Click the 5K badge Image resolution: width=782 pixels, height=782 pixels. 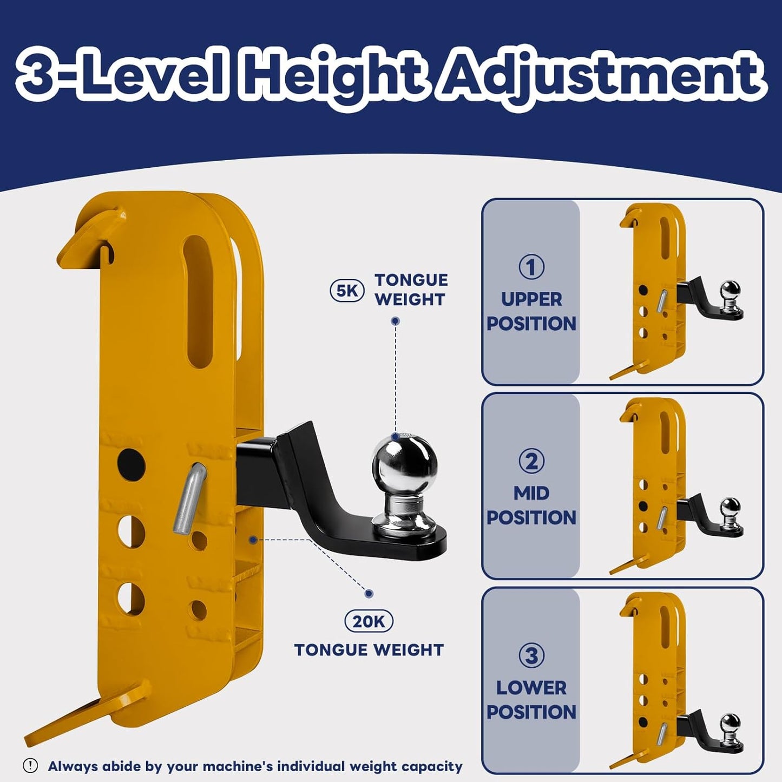point(347,291)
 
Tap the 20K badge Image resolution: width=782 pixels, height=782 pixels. point(369,622)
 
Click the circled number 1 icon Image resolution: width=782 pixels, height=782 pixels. point(531,267)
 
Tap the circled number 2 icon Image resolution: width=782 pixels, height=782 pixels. point(531,461)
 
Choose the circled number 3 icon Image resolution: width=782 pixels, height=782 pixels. point(531,655)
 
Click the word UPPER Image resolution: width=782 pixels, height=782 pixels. point(531,299)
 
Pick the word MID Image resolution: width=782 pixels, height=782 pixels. point(531,493)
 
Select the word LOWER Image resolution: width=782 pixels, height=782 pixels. point(531,687)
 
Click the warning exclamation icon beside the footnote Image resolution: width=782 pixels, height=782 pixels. point(31,766)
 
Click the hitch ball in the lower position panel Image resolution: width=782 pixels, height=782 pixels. point(731,725)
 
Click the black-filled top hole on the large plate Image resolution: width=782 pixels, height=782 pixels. point(132,464)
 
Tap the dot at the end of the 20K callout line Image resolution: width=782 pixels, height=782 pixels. point(369,594)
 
